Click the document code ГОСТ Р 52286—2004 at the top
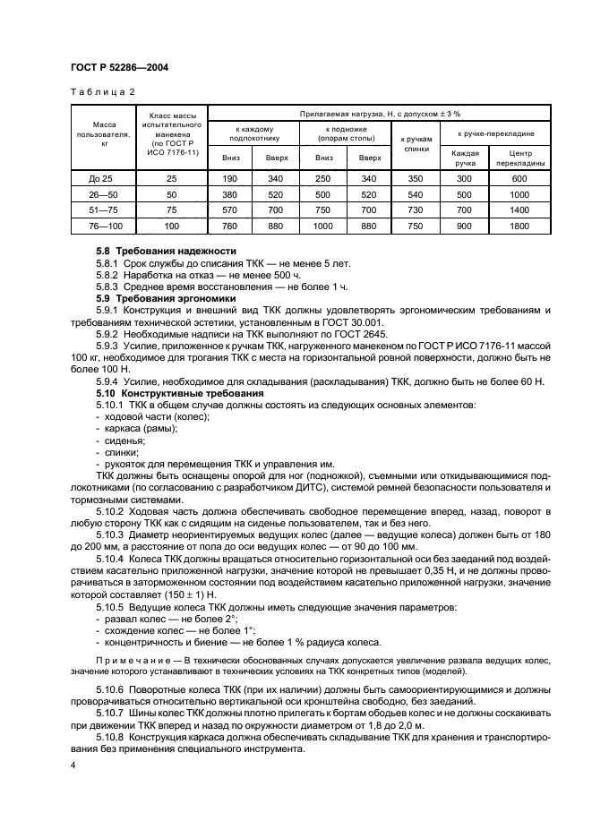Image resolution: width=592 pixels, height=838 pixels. (118, 67)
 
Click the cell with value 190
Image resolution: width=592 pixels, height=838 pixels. (230, 179)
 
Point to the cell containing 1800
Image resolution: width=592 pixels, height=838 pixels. (519, 226)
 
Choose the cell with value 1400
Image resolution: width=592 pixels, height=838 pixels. (519, 210)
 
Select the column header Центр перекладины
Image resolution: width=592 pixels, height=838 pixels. (519, 158)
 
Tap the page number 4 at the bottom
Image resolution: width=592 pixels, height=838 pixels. (73, 766)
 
